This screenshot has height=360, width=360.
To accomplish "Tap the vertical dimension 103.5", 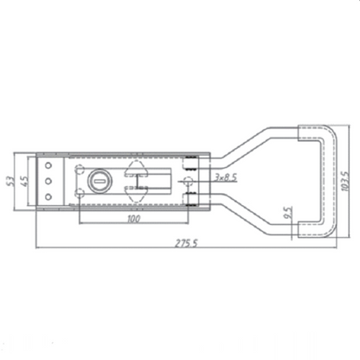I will [345, 180].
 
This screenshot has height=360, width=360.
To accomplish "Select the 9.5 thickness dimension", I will [286, 212].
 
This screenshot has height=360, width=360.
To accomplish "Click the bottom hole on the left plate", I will [49, 198].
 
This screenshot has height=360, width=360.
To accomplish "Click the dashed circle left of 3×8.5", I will [185, 181].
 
